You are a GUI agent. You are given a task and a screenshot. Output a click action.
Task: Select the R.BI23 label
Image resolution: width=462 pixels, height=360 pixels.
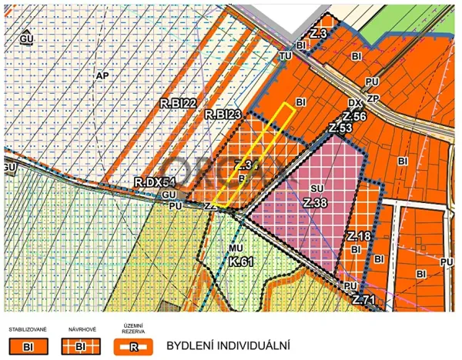224,115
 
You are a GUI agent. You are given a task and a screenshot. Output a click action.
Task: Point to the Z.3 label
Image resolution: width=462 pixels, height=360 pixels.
319,34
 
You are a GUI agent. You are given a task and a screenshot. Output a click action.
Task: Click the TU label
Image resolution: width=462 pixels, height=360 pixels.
286,56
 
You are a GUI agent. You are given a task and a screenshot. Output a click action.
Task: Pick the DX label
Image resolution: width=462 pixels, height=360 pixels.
354,103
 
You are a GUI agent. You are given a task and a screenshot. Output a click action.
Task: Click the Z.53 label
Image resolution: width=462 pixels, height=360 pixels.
340,128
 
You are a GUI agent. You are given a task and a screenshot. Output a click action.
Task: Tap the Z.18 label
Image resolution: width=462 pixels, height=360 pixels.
360,236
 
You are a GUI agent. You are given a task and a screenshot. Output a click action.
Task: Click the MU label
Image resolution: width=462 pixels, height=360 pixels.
236,248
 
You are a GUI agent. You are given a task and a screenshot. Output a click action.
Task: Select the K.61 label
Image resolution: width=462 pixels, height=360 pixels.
241,262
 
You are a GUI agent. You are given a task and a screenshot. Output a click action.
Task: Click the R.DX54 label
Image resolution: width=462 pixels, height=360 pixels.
155,182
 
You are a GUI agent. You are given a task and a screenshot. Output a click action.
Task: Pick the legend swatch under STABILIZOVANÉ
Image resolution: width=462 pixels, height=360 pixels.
28,346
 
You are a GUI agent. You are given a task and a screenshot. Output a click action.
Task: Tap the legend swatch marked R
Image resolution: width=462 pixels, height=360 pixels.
132,346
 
